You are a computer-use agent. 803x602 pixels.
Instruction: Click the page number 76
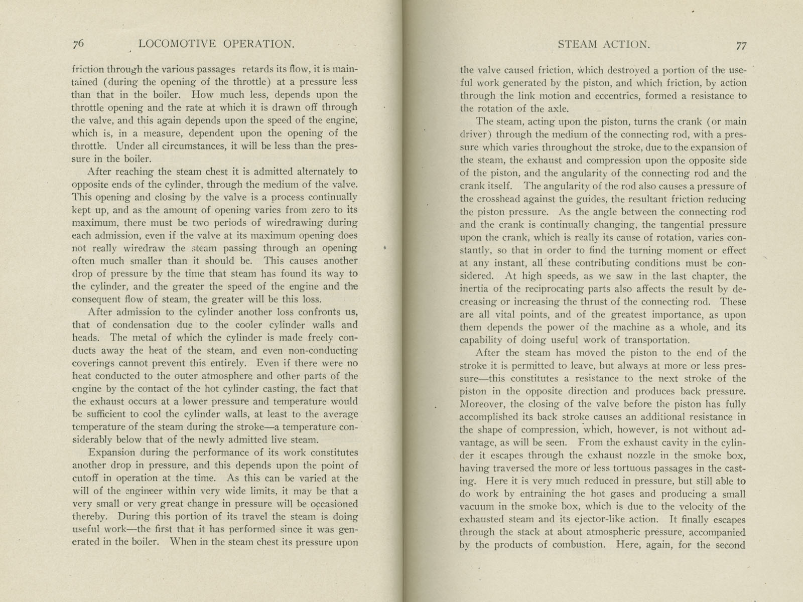click(x=78, y=44)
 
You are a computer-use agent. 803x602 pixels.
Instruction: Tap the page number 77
click(x=741, y=45)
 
